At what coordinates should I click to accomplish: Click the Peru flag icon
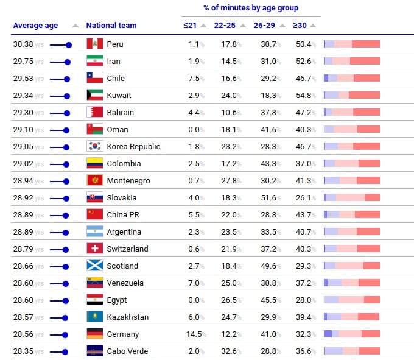pyautogui.click(x=94, y=44)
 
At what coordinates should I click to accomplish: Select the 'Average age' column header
pyautogui.click(x=35, y=26)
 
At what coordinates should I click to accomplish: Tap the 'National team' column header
pyautogui.click(x=111, y=26)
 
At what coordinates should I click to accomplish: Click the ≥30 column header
pyautogui.click(x=300, y=26)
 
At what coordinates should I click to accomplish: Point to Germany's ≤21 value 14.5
pyautogui.click(x=194, y=334)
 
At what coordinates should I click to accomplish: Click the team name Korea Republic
pyautogui.click(x=133, y=146)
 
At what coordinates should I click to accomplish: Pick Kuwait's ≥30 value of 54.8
pyautogui.click(x=303, y=95)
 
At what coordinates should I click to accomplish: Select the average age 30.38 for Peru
pyautogui.click(x=23, y=44)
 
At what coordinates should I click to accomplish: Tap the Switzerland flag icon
pyautogui.click(x=94, y=249)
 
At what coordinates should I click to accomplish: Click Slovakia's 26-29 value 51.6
pyautogui.click(x=268, y=197)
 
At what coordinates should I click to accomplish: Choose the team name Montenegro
pyautogui.click(x=128, y=180)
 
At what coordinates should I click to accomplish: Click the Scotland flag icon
pyautogui.click(x=94, y=266)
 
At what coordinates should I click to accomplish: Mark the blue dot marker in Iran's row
pyautogui.click(x=67, y=62)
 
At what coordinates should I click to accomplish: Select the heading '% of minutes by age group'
pyautogui.click(x=251, y=8)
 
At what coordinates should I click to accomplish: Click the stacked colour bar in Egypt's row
pyautogui.click(x=352, y=300)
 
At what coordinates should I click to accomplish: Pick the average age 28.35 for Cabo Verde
pyautogui.click(x=23, y=351)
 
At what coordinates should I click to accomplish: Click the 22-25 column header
pyautogui.click(x=225, y=26)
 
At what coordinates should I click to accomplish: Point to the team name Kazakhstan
pyautogui.click(x=127, y=317)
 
